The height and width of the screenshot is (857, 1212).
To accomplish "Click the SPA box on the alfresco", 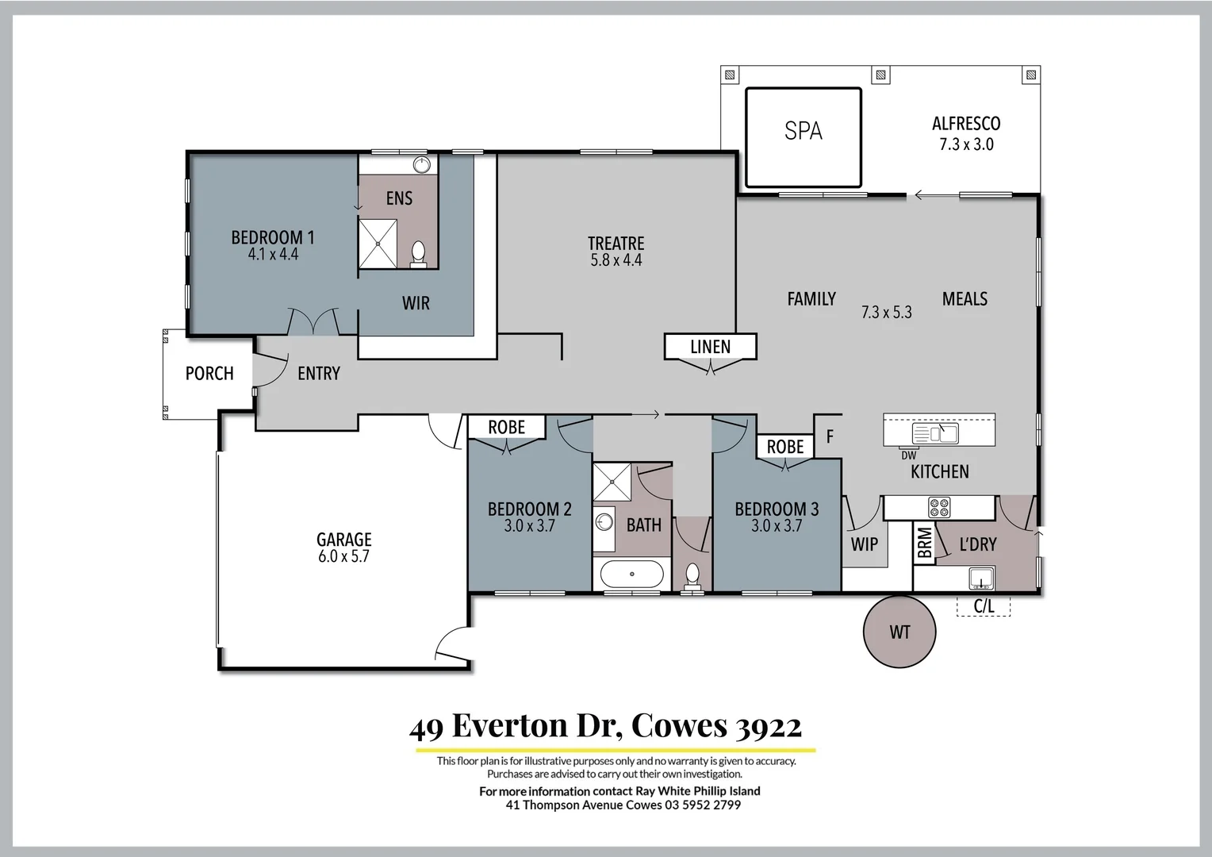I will [x=803, y=137].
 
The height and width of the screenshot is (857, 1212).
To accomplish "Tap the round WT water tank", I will [x=899, y=632].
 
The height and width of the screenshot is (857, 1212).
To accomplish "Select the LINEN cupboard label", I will [x=710, y=347].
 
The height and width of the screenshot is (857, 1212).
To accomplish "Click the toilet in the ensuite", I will [x=418, y=253].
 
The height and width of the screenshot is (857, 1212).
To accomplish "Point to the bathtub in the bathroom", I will [x=631, y=574].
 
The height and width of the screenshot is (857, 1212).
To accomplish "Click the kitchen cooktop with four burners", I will [x=939, y=508].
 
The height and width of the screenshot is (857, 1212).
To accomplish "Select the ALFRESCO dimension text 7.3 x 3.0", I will [x=965, y=144].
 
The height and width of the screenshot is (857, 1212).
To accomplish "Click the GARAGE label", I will [x=343, y=540].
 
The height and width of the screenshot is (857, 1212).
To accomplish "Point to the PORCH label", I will [x=209, y=373].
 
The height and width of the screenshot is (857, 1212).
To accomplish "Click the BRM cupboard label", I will [x=924, y=544].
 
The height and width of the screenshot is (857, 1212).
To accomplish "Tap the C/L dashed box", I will [x=984, y=606].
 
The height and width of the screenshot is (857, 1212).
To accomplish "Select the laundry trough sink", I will [x=981, y=577].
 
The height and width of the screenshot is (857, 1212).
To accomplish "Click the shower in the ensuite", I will [x=378, y=244].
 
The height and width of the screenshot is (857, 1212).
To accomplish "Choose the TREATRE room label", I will [x=616, y=244].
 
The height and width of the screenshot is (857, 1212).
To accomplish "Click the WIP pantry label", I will [x=864, y=544].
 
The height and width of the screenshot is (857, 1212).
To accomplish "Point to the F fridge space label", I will [x=830, y=436].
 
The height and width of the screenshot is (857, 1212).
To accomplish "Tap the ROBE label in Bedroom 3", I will [x=784, y=447].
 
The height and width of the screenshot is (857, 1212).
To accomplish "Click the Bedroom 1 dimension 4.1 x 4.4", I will [x=273, y=255].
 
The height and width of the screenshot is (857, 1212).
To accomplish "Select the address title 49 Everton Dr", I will [x=605, y=725].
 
